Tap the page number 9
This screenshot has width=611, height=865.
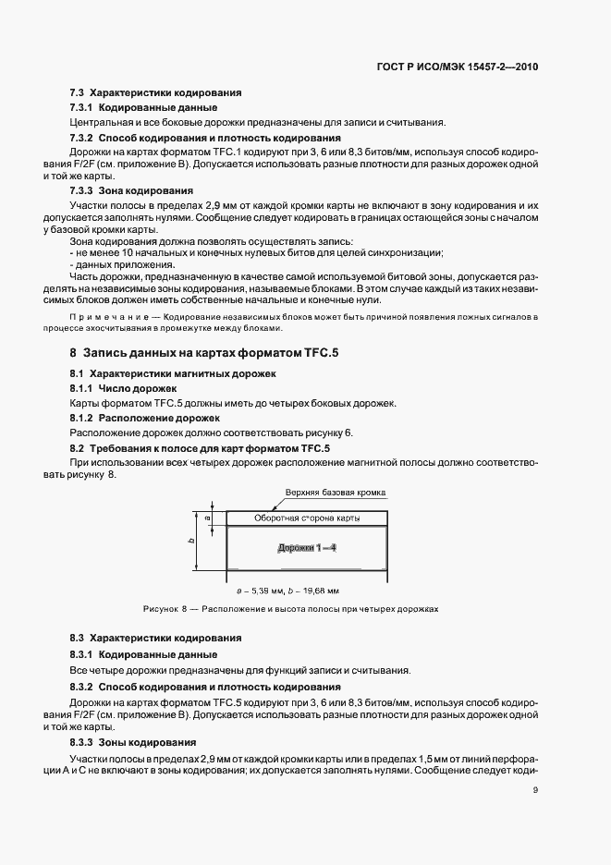pyautogui.click(x=535, y=788)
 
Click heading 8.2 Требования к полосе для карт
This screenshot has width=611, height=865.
pyautogui.click(x=200, y=448)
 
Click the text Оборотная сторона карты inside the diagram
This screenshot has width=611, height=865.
pyautogui.click(x=306, y=518)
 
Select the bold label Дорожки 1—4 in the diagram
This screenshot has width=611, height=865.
pyautogui.click(x=307, y=548)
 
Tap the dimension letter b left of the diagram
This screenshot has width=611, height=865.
pyautogui.click(x=191, y=542)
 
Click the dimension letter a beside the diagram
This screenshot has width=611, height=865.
pyautogui.click(x=207, y=518)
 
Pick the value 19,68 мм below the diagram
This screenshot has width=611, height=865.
pyautogui.click(x=321, y=589)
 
